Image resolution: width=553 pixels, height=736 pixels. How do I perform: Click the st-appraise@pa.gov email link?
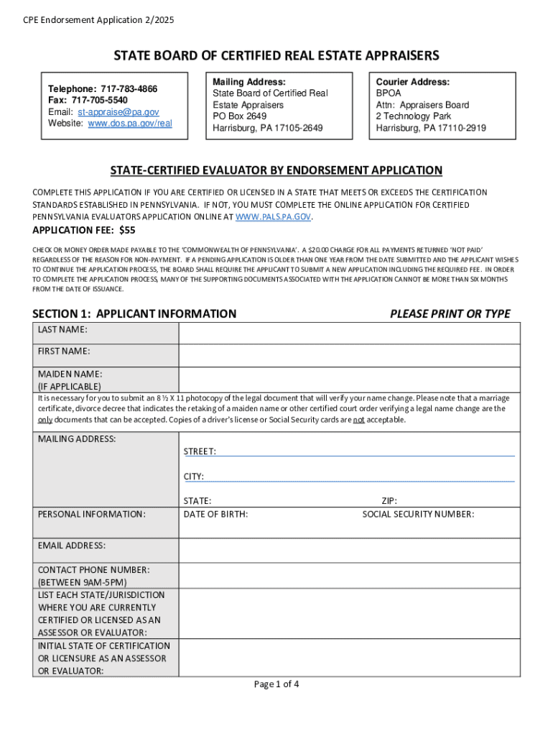118,112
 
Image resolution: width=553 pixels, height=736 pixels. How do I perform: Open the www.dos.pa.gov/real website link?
130,123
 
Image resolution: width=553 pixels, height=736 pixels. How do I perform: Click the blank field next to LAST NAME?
349,333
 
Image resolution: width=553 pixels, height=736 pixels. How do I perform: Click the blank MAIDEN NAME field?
349,379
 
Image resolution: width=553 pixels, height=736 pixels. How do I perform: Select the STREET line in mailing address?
366,451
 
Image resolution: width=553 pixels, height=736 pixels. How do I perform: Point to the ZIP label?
389,501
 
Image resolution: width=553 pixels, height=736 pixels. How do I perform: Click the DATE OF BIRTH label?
215,514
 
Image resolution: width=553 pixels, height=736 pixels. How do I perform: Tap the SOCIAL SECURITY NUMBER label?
418,514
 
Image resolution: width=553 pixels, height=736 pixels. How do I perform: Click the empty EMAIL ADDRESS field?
349,551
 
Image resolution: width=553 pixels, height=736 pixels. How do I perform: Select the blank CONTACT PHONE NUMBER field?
349,576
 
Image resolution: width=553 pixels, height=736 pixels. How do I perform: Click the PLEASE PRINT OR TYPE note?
450,313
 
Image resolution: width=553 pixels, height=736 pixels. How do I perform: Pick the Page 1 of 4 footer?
276,684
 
